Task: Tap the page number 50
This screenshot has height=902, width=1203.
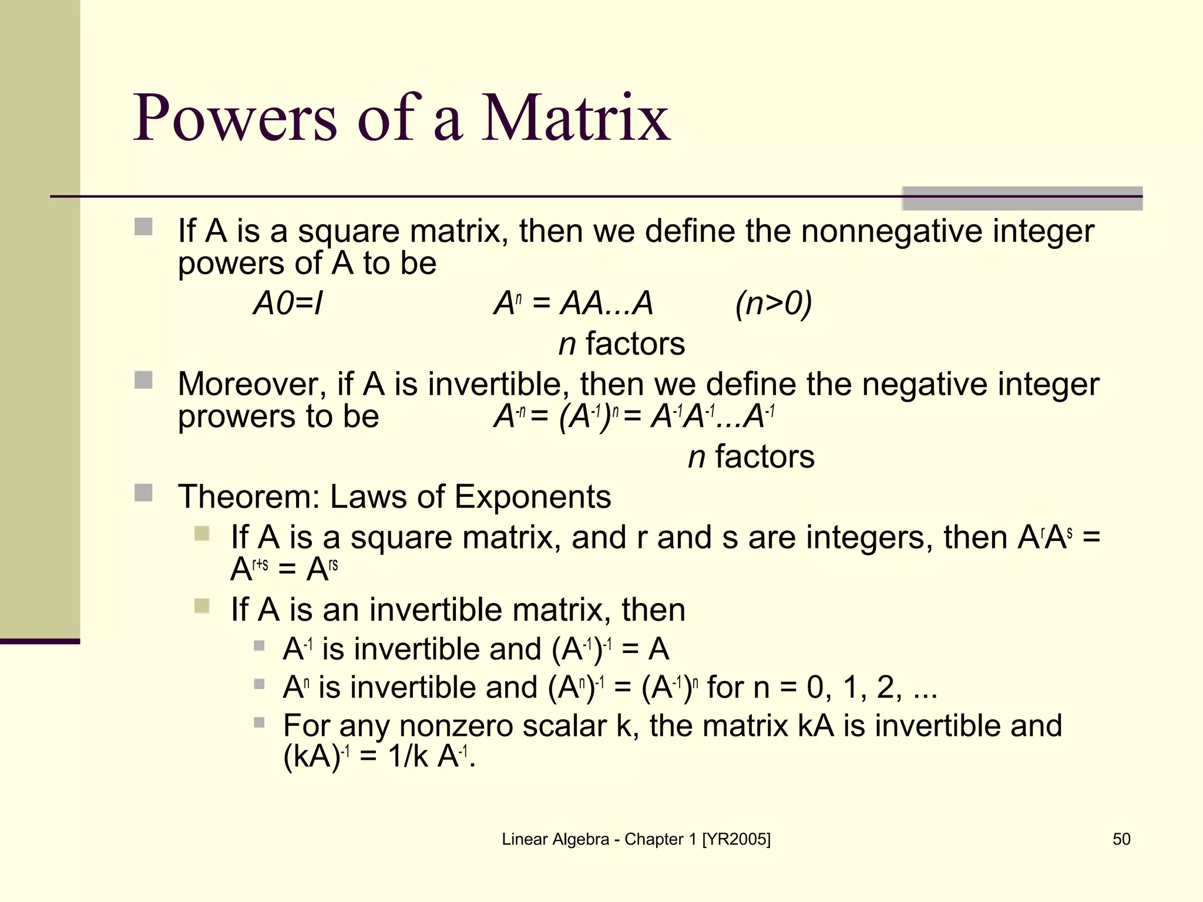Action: click(x=1121, y=839)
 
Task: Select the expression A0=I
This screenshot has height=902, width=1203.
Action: click(x=288, y=304)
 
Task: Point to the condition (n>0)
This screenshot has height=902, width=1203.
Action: click(x=774, y=304)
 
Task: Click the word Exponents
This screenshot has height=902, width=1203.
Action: click(x=532, y=497)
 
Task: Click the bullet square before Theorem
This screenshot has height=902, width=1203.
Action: click(x=143, y=493)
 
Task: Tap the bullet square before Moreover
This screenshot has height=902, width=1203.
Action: click(x=143, y=380)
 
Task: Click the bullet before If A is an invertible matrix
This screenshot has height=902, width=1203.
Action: click(x=201, y=605)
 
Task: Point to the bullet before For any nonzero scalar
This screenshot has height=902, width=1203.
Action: click(x=259, y=722)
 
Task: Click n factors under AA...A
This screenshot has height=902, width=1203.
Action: click(x=621, y=344)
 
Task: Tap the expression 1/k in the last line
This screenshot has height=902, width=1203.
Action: click(x=408, y=756)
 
